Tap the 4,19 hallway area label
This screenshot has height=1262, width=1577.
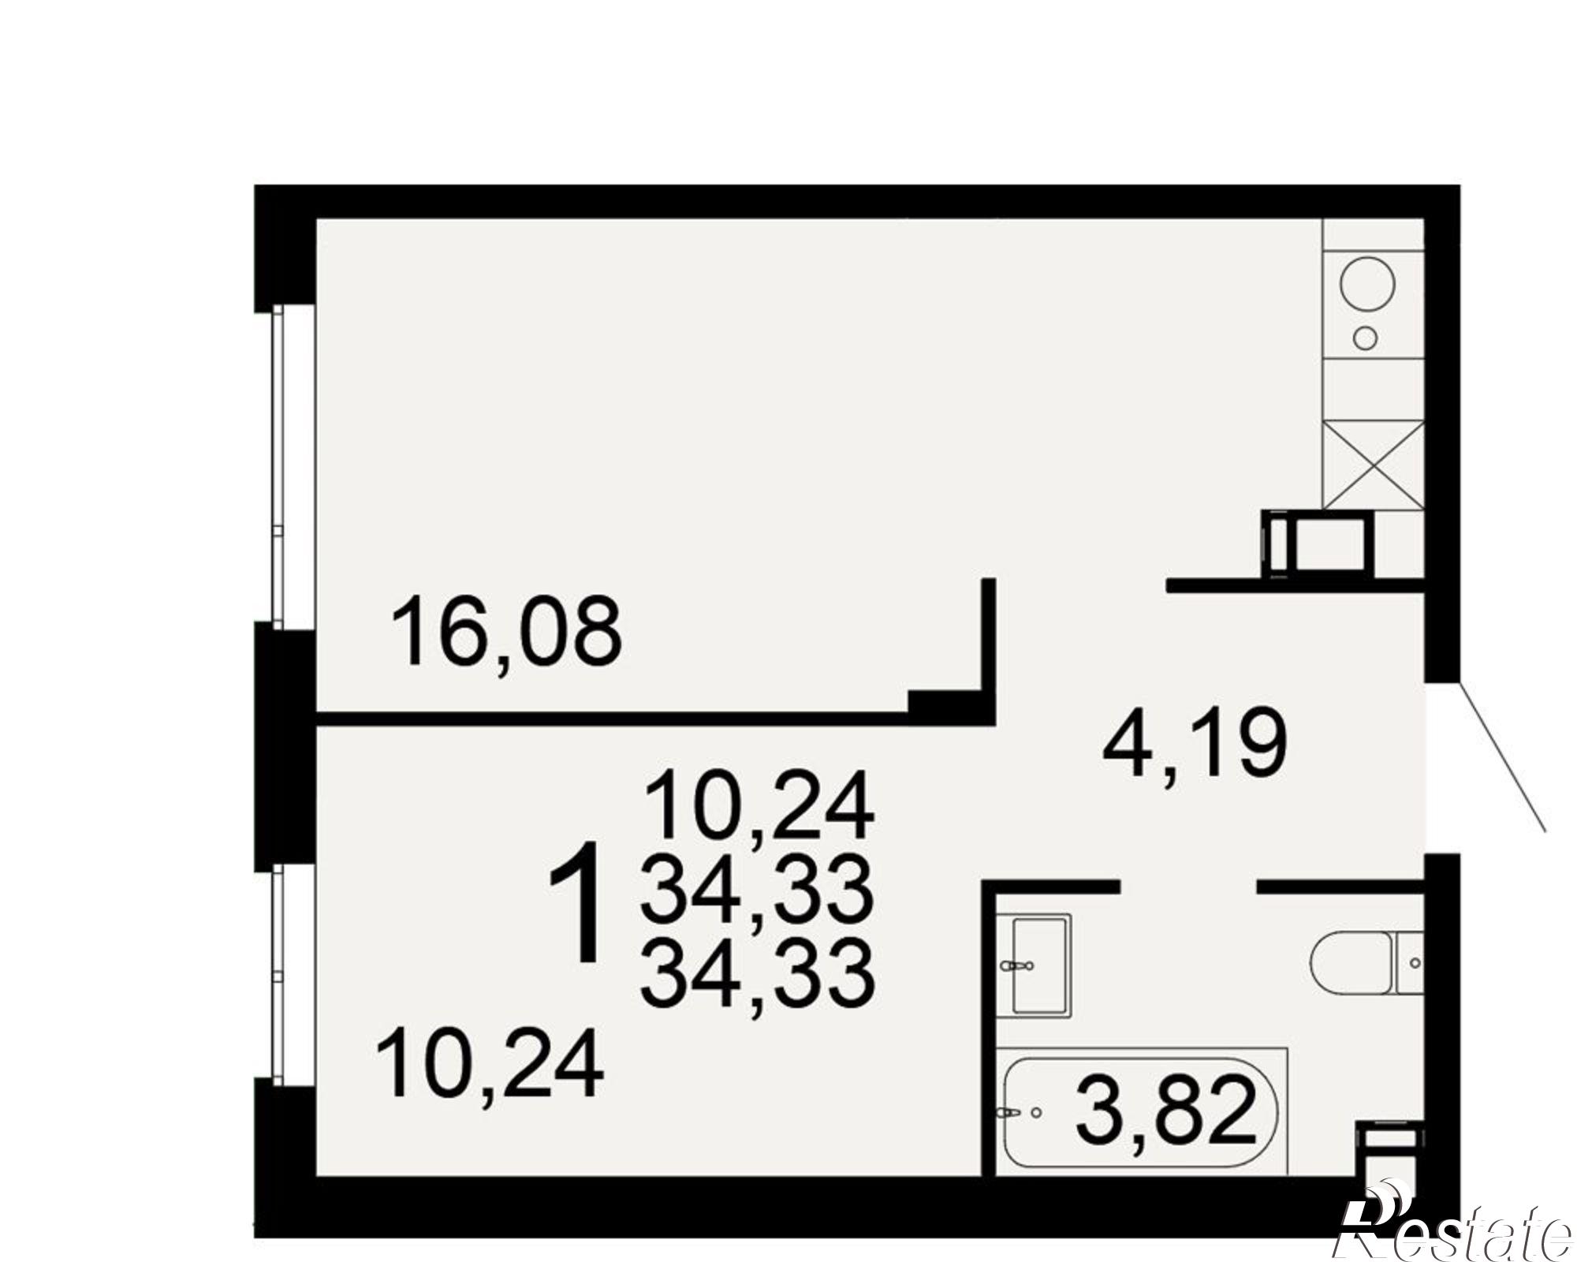click(1195, 742)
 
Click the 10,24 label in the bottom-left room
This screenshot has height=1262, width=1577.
click(490, 1067)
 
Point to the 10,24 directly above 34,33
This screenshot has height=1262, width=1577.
click(759, 805)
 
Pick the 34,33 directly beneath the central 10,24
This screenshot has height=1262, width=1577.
click(758, 891)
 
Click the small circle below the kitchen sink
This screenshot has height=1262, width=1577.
click(1365, 338)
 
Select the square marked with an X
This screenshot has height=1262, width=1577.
click(1374, 465)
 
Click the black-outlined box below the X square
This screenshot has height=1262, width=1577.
click(1318, 545)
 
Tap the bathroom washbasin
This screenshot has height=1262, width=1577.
click(1034, 965)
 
